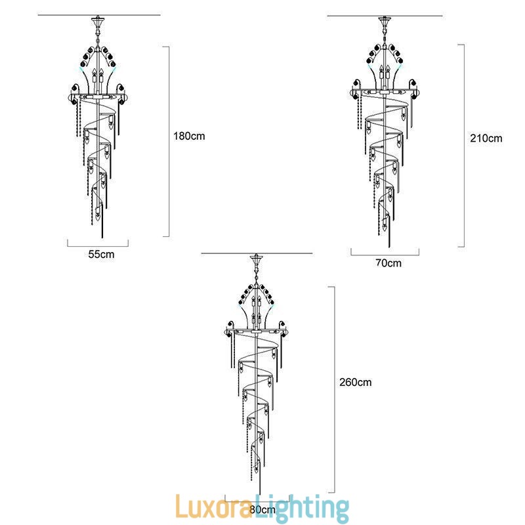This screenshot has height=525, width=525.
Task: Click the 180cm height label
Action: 190,136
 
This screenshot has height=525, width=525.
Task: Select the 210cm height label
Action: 486,138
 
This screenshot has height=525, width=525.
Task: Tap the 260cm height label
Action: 356,382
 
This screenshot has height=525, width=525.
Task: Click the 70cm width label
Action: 388,263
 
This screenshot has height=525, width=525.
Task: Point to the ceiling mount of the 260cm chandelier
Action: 257,261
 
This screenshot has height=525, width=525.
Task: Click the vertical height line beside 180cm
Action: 169,141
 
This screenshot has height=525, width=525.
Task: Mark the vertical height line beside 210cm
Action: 465,146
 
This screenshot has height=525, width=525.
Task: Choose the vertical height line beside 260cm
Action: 335,389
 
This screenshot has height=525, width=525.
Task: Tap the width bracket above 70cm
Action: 385,253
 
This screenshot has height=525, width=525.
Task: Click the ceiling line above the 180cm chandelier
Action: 99,15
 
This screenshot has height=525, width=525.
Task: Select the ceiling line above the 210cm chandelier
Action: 385,16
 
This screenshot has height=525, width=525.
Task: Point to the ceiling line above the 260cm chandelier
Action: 257,253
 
